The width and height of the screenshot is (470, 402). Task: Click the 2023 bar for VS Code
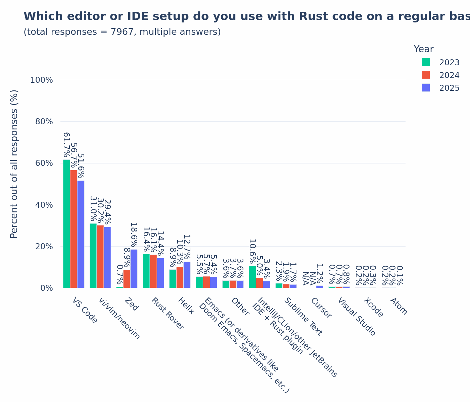pyautogui.click(x=66, y=223)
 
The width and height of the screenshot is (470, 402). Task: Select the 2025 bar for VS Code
pyautogui.click(x=81, y=234)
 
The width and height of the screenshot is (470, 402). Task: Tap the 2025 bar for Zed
pyautogui.click(x=134, y=268)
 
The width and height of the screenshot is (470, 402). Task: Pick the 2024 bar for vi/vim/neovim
pyautogui.click(x=100, y=256)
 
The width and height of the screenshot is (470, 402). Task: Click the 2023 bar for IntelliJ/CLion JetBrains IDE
pyautogui.click(x=252, y=277)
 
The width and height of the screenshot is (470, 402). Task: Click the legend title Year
pyautogui.click(x=423, y=49)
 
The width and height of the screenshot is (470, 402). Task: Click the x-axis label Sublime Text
pyautogui.click(x=303, y=316)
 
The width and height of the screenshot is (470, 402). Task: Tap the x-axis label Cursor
pyautogui.click(x=321, y=308)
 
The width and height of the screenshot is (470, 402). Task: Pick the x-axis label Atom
pyautogui.click(x=399, y=306)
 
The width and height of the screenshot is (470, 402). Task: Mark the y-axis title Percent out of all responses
pyautogui.click(x=14, y=164)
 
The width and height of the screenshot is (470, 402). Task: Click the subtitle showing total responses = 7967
pyautogui.click(x=122, y=32)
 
